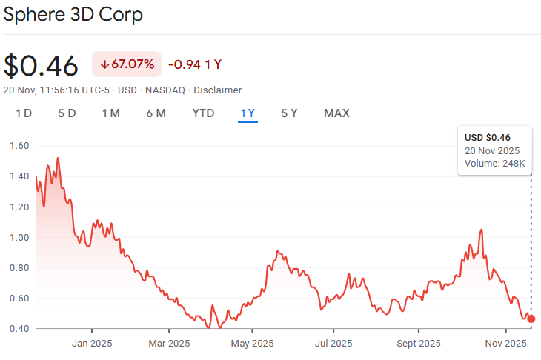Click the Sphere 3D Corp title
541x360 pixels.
pos(73,14)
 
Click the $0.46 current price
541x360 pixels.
pos(41,65)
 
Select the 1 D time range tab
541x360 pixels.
pos(24,113)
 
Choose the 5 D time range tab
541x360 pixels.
pos(67,113)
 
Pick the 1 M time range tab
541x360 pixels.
pos(110,113)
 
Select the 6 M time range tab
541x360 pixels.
pos(156,113)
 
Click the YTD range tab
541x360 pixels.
pos(203,113)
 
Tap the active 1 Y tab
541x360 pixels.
pos(248,113)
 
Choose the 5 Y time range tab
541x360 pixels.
pos(289,113)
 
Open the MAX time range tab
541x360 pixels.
pos(336,113)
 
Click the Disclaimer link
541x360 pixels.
pos(218,90)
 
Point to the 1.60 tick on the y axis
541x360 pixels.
pos(19,146)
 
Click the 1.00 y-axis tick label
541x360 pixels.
pos(19,237)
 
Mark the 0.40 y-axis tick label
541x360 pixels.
pos(19,328)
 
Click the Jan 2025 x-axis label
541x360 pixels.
pos(92,344)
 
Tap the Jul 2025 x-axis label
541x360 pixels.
pos(333,344)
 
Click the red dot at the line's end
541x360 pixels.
pos(531,319)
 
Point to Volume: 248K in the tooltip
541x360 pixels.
pos(495,163)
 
